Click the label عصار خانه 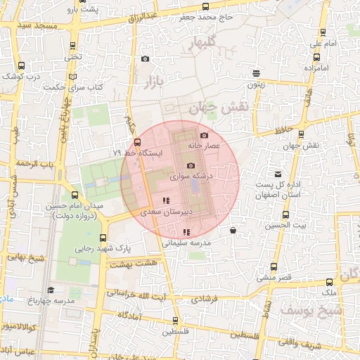204,145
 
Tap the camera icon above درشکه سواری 190,165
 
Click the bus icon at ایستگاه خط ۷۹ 137,141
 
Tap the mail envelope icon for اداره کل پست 278,174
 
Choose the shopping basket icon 233,230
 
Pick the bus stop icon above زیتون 256,72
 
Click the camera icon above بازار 146,60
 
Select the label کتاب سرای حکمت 73,87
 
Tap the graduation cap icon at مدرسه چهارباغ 50,290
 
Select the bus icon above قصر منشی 274,266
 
